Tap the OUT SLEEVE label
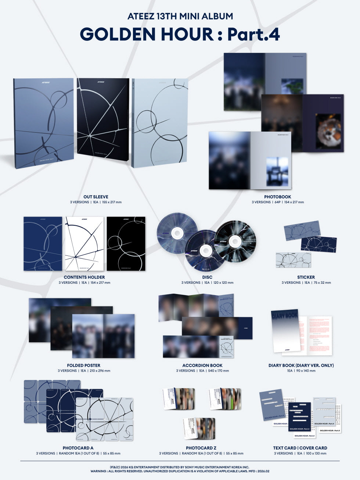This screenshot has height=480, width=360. tap(96, 197)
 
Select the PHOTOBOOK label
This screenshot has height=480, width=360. tap(277, 197)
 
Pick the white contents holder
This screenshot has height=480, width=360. tap(84, 244)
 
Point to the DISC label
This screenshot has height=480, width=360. tap(207, 277)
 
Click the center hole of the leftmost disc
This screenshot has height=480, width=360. tap(177, 233)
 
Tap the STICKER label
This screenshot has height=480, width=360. tap(306, 277)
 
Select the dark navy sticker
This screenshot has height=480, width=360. tap(318, 245)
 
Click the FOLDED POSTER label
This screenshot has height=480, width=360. tap(84, 365)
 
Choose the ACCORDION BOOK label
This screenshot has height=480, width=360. tap(202, 365)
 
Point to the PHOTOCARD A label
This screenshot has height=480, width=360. tap(78, 448)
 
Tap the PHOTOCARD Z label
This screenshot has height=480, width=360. tap(201, 448)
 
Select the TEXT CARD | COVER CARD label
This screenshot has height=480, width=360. tap(300, 448)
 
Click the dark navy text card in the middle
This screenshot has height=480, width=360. tap(299, 417)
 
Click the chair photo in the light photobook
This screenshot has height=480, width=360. tap(277, 171)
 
